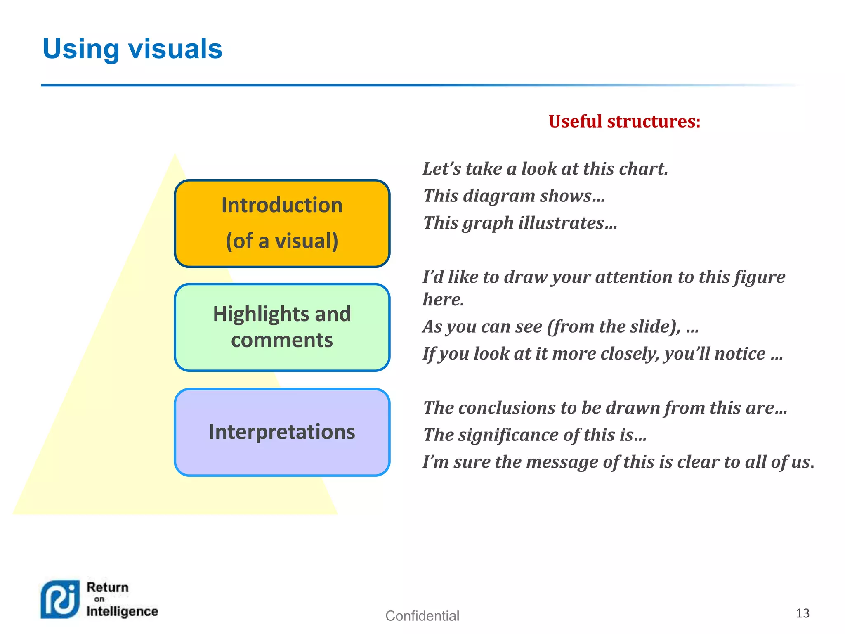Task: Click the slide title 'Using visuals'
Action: click(x=132, y=49)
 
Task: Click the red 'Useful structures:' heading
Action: click(x=624, y=121)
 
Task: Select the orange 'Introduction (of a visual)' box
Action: click(x=282, y=223)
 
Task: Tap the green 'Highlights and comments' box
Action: click(x=282, y=327)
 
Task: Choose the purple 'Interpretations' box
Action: click(x=282, y=432)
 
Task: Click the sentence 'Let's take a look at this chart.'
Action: click(x=545, y=169)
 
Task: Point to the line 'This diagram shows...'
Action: click(x=514, y=196)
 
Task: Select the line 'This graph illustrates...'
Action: click(x=520, y=223)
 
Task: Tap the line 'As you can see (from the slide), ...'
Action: click(x=560, y=326)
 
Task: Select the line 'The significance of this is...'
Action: click(x=534, y=435)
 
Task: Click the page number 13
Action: click(x=803, y=613)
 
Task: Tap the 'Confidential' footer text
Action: click(x=422, y=616)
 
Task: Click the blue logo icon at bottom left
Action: click(x=60, y=599)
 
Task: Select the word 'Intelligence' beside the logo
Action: click(x=122, y=611)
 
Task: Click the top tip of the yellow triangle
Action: click(x=175, y=155)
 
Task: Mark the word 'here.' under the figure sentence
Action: click(x=443, y=300)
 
